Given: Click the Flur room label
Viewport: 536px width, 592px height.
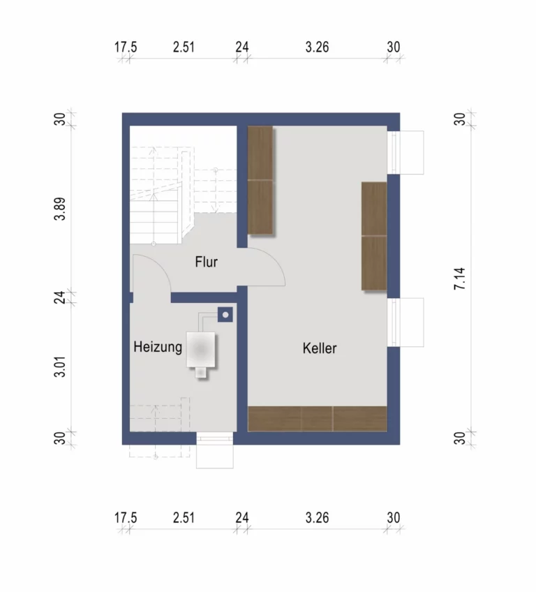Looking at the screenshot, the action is (206, 262).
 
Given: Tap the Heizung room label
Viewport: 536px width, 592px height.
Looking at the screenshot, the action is (158, 347).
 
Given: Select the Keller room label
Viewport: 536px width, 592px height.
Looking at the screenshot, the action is (320, 348).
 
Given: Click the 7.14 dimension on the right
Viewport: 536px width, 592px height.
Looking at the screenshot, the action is (460, 279).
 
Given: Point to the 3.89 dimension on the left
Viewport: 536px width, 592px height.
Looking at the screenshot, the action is (60, 209).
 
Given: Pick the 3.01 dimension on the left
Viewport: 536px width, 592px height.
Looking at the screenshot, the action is (60, 367).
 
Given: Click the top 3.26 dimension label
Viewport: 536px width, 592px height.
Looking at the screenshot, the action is (317, 47).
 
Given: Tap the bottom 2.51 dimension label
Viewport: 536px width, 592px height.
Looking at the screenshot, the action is (184, 517).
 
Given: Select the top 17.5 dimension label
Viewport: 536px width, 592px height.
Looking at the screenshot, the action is (126, 47).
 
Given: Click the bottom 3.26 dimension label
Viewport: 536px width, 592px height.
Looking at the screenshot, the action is (317, 517).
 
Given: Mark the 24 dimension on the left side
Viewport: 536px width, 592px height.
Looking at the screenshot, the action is (60, 297).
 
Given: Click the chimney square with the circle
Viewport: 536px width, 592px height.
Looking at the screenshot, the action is (225, 314).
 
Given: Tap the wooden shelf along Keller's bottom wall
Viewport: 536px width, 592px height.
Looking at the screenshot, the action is (318, 419).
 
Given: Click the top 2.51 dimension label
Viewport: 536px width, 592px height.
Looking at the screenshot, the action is (184, 47).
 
